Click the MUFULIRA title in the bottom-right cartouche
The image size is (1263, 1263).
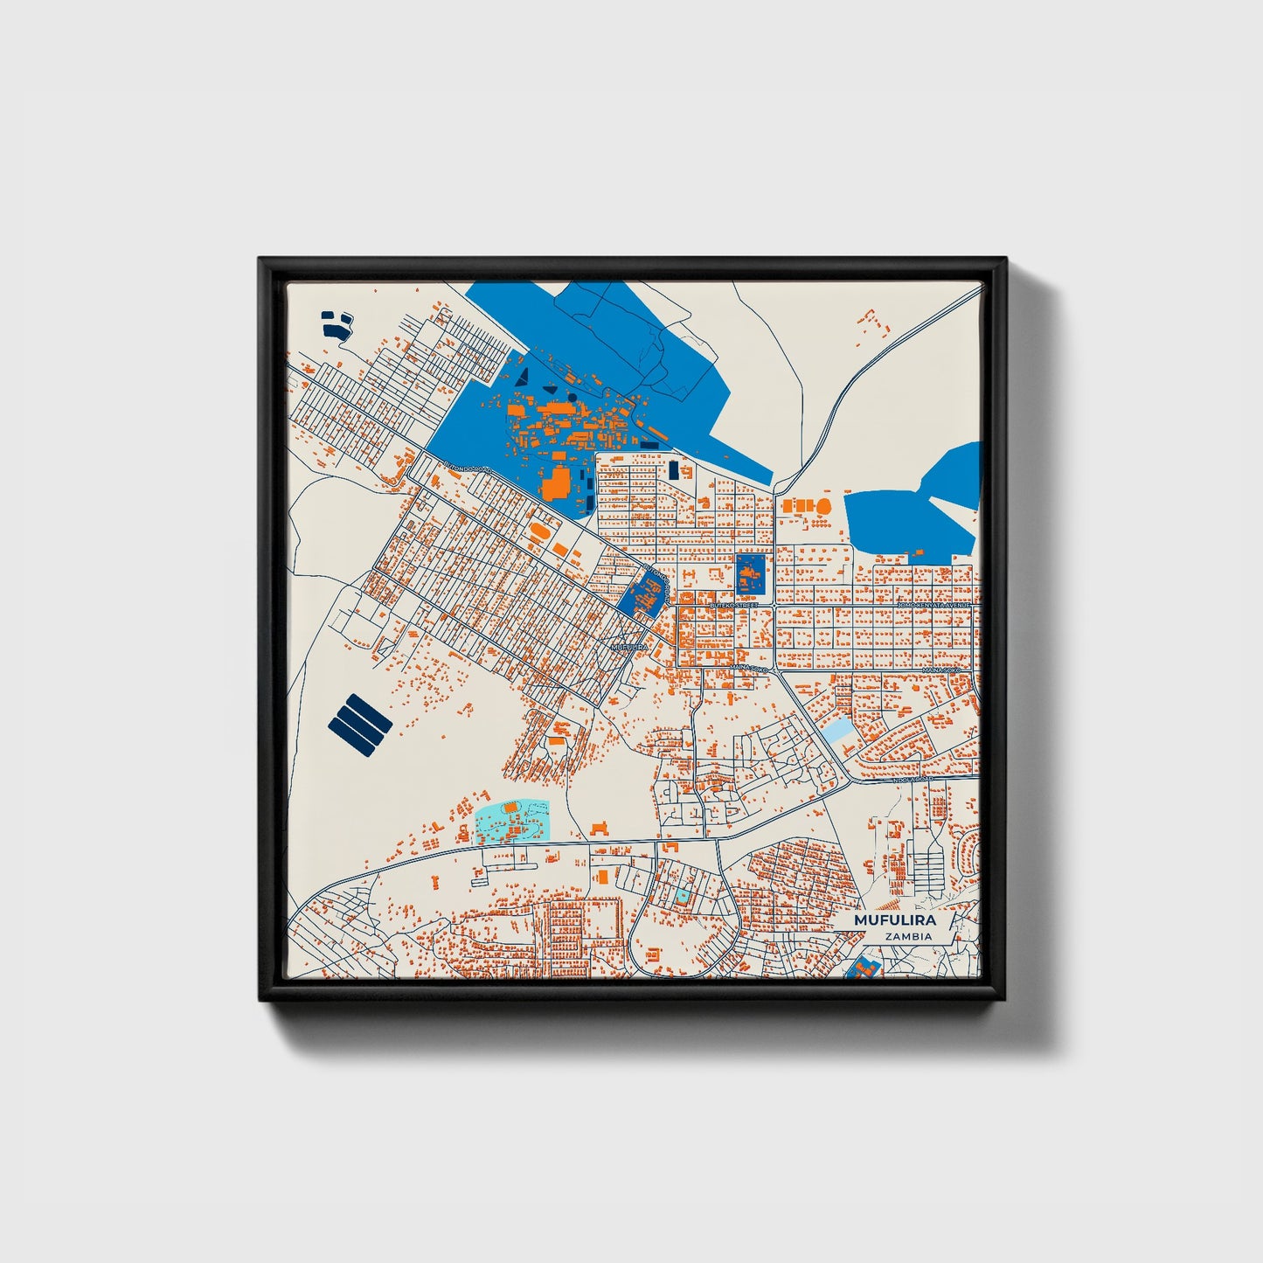pos(894,920)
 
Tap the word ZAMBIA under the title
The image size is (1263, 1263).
pos(907,937)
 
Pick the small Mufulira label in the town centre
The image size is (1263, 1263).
pos(629,647)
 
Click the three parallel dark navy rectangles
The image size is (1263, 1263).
pos(360,721)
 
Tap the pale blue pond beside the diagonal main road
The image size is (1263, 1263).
pos(839,731)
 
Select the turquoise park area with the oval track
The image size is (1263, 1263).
pos(511,822)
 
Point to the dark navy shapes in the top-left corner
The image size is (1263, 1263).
pos(336,324)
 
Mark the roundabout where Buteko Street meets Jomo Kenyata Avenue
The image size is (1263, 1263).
pos(774,605)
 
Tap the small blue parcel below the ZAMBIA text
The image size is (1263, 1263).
pos(863,968)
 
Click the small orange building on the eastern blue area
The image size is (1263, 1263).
pos(919,552)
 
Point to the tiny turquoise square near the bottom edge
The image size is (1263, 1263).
pos(681,896)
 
